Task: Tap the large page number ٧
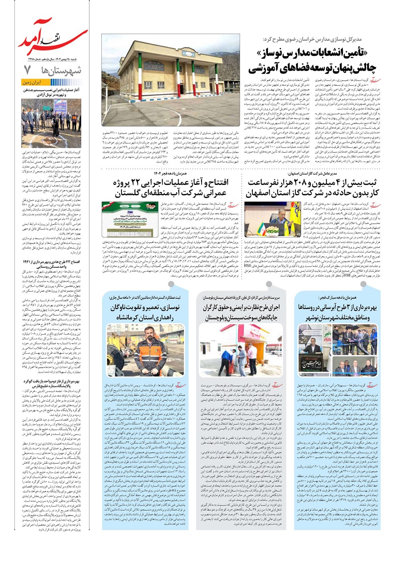[x=28, y=69]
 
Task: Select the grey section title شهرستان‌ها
[x=64, y=70]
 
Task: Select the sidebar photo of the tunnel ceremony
[x=51, y=122]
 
